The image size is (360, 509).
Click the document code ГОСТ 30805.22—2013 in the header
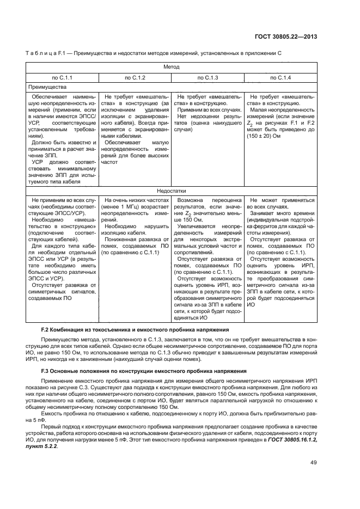click(286, 37)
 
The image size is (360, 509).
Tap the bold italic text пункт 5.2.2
click(44, 446)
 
